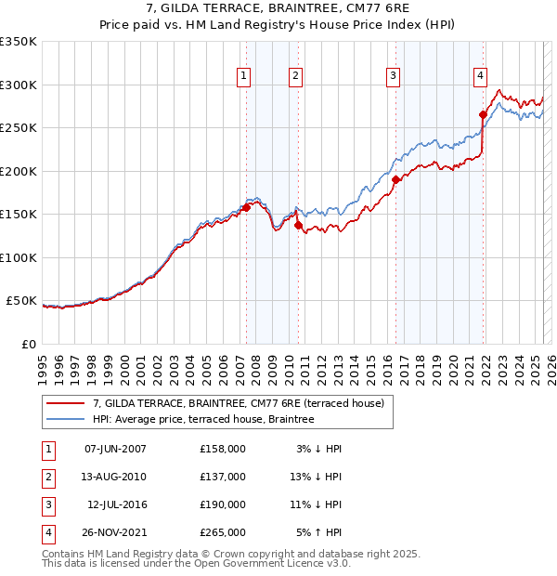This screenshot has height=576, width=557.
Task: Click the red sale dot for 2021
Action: [484, 115]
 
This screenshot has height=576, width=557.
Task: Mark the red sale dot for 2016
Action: [395, 179]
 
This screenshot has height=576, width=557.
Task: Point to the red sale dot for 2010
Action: [298, 225]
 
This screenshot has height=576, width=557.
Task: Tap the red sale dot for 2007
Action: [247, 207]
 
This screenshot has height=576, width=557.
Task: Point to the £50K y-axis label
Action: [20, 301]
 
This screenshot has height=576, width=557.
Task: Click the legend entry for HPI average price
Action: [203, 419]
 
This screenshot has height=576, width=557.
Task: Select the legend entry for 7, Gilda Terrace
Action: [244, 402]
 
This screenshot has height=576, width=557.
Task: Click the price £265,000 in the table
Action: [223, 532]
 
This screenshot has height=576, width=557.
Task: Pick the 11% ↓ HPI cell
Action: [316, 504]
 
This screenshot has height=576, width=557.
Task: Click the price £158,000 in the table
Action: [223, 449]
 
